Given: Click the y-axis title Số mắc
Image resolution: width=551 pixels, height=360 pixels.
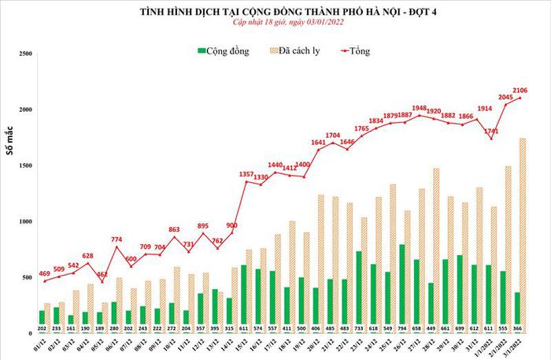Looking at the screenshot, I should pyautogui.click(x=11, y=158).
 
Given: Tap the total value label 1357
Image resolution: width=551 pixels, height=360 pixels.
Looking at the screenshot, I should pyautogui.click(x=246, y=173).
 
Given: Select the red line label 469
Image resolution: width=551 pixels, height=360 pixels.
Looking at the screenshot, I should pyautogui.click(x=45, y=273).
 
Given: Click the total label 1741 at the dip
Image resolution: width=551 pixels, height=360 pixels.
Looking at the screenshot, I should pyautogui.click(x=492, y=130).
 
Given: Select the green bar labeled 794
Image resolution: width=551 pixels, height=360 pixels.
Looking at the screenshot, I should pyautogui.click(x=401, y=284).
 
